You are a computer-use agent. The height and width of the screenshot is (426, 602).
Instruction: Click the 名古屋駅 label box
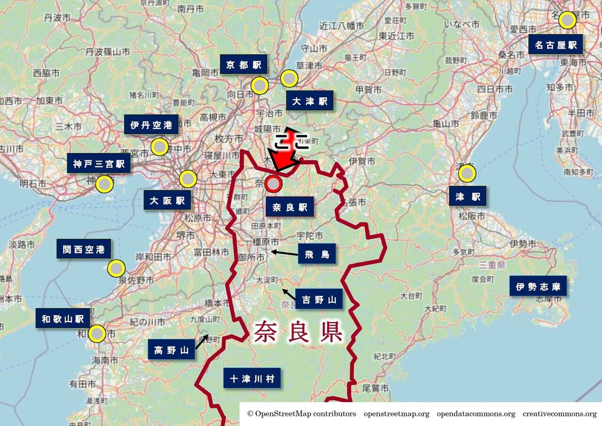coord(555,45)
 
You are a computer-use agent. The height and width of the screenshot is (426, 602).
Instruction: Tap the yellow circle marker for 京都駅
coord(260,85)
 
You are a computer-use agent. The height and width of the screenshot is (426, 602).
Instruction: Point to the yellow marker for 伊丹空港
coord(160,146)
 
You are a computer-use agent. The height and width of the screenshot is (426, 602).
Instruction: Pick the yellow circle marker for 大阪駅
coord(188,179)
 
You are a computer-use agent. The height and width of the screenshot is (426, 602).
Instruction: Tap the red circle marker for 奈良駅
coord(273,184)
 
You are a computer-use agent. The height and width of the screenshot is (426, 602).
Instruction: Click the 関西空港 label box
coord(84,249)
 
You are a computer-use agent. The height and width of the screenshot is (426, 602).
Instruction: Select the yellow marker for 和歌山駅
coord(97,334)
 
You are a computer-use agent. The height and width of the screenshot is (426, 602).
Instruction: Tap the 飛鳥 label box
coord(317,254)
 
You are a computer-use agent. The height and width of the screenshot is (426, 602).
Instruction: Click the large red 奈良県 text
coord(298,332)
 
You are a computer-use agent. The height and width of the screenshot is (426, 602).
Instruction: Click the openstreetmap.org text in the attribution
coord(396,414)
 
